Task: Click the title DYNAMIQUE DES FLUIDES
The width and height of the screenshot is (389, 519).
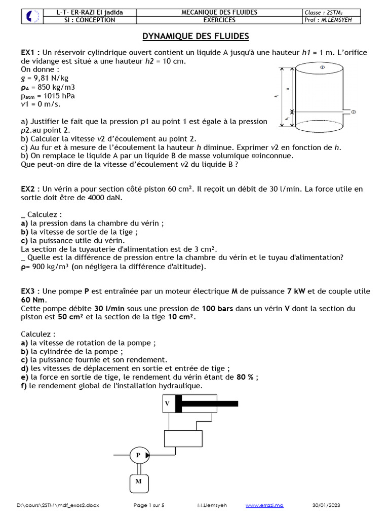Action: (x=196, y=36)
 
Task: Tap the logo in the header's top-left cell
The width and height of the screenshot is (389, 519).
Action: (x=31, y=16)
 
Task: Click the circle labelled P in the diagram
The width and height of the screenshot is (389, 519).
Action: (x=138, y=455)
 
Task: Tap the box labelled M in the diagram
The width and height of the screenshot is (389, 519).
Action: (x=138, y=481)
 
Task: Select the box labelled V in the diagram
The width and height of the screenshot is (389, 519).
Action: (x=167, y=403)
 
